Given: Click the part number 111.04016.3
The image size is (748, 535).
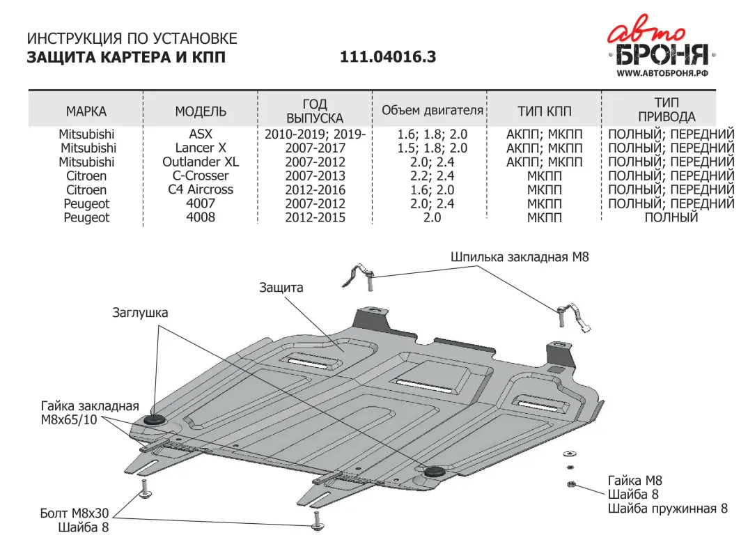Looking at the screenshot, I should click(388, 57).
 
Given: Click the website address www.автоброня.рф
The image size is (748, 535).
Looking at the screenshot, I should click(662, 72).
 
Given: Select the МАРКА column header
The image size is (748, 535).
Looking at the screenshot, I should click(86, 111).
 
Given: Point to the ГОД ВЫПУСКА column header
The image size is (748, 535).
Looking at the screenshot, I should click(315, 111).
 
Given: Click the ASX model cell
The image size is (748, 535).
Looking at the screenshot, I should click(201, 134).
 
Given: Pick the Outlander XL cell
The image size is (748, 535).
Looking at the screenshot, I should click(201, 162).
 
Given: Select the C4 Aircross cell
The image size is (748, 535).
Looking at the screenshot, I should click(201, 189).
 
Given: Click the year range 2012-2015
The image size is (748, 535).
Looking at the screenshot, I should click(315, 217).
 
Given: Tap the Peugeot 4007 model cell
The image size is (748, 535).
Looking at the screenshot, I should click(201, 203).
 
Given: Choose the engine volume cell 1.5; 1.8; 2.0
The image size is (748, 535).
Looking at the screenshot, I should click(432, 148).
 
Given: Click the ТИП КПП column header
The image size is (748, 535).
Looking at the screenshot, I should click(545, 111).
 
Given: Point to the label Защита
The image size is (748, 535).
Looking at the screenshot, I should click(281, 287).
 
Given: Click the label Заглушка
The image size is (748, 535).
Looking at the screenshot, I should click(140, 313).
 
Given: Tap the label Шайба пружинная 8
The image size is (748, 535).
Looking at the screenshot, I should click(667, 509).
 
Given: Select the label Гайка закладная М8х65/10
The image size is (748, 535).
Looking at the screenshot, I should click(90, 413).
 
